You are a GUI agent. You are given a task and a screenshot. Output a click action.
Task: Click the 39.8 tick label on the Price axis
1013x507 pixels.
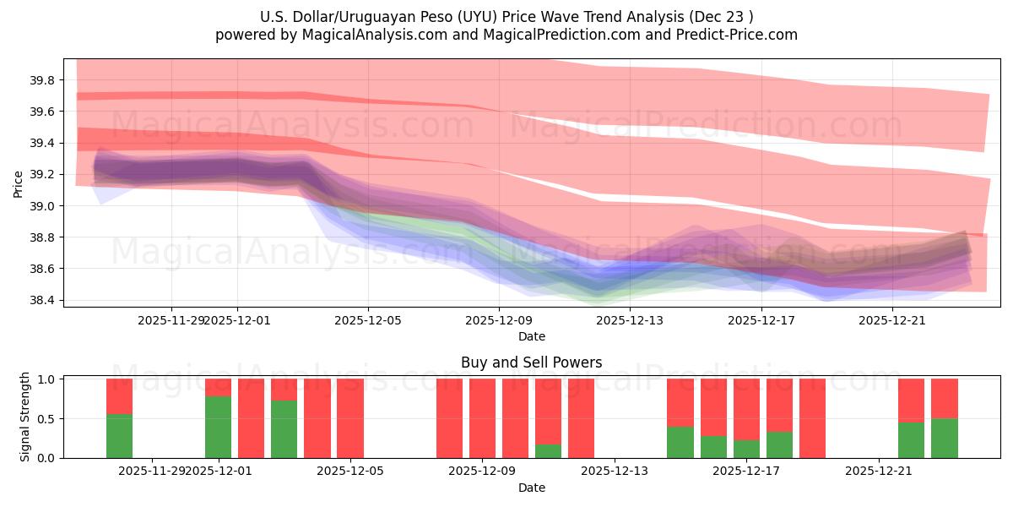(x=43, y=80)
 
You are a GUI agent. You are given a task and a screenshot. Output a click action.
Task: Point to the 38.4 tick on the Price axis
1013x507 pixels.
(x=43, y=300)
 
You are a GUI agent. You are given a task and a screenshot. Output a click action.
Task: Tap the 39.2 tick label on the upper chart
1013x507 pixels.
(x=43, y=175)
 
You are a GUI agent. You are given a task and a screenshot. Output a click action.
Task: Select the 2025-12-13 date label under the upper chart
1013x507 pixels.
(x=630, y=320)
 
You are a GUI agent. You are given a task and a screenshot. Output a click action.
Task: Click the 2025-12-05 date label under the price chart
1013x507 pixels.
(x=368, y=320)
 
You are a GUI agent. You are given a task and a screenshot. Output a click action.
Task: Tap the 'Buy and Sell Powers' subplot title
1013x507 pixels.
(x=531, y=363)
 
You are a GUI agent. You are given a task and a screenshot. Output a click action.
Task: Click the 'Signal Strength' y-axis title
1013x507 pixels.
(x=25, y=417)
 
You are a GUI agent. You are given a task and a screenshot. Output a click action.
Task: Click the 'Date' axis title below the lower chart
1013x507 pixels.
(x=531, y=488)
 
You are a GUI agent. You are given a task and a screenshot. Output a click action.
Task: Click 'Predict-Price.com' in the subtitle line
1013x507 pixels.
(x=742, y=35)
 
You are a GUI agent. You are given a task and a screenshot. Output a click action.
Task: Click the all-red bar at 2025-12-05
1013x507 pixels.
(x=350, y=418)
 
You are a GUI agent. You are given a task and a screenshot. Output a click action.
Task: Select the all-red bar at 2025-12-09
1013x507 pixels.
(x=482, y=418)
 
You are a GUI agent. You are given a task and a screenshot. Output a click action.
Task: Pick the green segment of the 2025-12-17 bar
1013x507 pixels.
(x=746, y=449)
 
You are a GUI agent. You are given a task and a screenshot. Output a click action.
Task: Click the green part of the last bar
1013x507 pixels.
(x=945, y=438)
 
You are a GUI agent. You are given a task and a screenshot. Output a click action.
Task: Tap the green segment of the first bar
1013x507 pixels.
(x=119, y=435)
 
